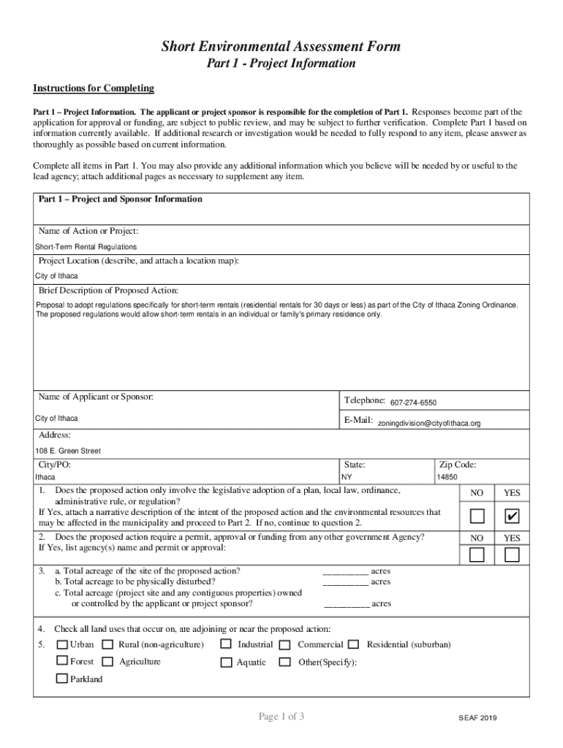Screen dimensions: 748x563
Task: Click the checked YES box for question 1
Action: tap(512, 517)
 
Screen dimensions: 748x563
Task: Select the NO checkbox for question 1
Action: tap(477, 517)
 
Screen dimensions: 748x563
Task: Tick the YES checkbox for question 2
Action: tap(512, 555)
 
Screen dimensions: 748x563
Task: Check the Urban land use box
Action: tap(62, 644)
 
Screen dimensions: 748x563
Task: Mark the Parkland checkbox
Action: tap(62, 679)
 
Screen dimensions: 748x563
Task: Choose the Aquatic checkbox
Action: tap(226, 662)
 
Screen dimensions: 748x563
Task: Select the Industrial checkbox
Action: tap(226, 644)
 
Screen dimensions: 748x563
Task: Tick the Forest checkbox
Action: tap(62, 661)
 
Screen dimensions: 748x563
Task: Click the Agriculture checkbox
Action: tap(107, 662)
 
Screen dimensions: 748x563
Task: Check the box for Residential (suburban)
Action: tap(353, 644)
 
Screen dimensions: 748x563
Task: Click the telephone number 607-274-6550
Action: tap(413, 403)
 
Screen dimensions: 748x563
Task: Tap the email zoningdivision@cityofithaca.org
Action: tap(428, 424)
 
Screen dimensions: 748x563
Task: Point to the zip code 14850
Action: tap(447, 477)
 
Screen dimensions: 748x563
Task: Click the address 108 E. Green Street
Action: tap(68, 451)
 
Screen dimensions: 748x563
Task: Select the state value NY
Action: tap(347, 477)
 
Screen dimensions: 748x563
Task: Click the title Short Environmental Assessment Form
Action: tap(281, 47)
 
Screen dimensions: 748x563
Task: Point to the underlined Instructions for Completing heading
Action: tap(94, 88)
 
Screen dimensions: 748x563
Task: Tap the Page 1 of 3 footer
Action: tap(281, 717)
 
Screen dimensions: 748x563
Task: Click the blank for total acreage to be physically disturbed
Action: tap(346, 582)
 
